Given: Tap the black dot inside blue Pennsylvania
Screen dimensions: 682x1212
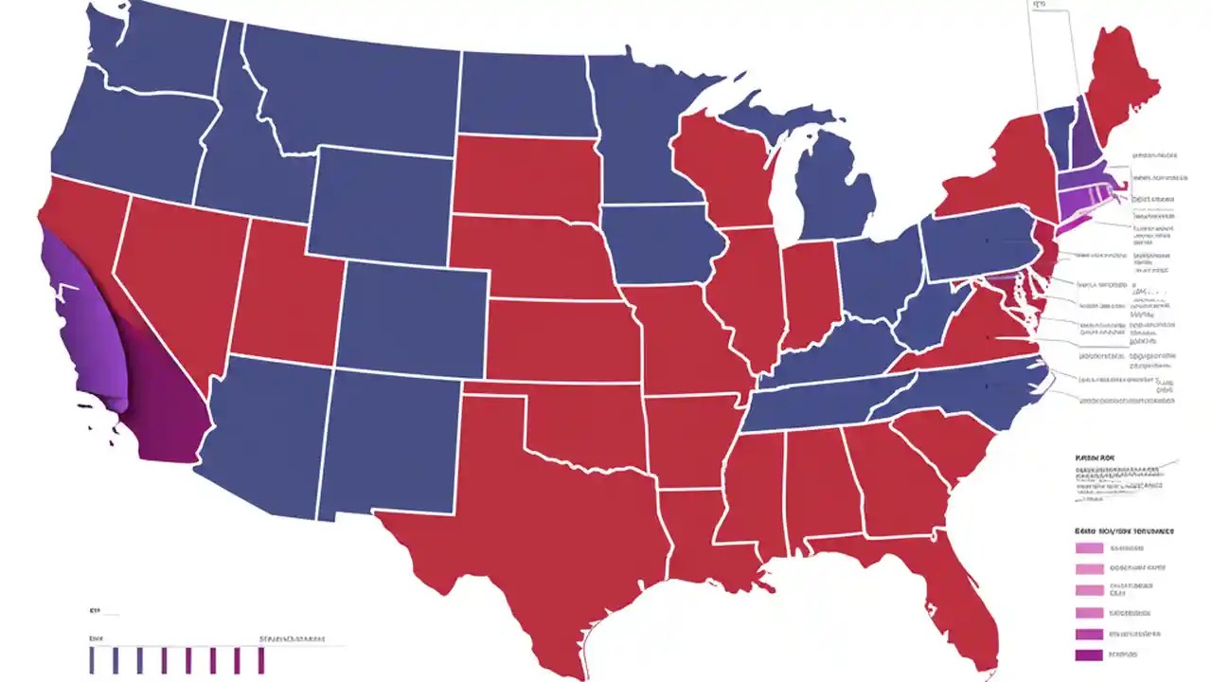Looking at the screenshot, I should (986, 242).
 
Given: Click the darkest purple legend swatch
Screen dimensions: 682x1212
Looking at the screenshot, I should (1090, 655).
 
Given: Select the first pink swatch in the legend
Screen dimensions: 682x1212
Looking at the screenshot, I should (1090, 547).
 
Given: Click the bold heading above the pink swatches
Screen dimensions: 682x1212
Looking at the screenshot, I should (1124, 531).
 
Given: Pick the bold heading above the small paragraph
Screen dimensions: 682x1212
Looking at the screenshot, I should (1095, 458).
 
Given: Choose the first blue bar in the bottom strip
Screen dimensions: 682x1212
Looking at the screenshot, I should (92, 660).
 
